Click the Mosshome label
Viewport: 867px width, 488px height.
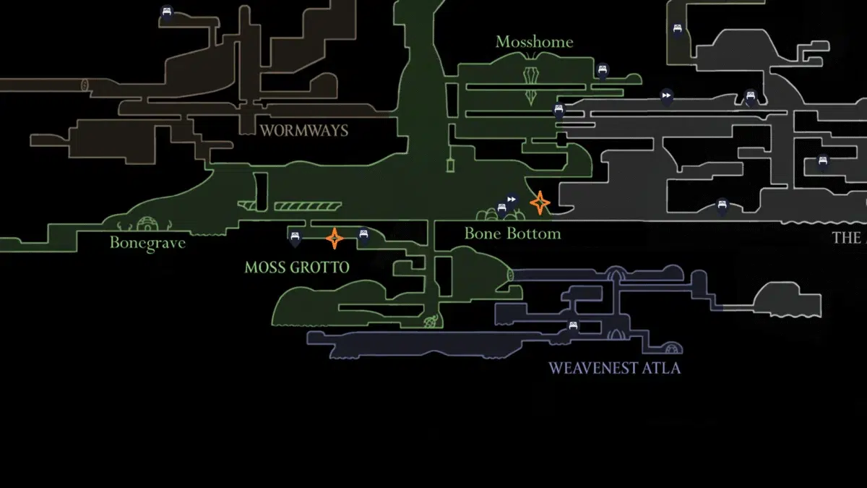point(534,42)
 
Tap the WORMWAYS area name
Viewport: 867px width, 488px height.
point(303,131)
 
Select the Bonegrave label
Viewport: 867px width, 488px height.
point(147,243)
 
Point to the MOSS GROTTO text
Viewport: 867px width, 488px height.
point(296,267)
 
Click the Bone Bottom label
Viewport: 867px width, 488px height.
point(512,234)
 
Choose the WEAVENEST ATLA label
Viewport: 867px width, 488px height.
point(614,368)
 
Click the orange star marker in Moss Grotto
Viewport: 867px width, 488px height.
point(335,237)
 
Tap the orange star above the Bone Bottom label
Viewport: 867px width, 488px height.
point(540,203)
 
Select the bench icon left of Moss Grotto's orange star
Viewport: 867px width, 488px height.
point(294,236)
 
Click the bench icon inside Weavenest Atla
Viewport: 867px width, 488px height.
point(574,326)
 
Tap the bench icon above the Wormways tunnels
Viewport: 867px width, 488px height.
point(167,12)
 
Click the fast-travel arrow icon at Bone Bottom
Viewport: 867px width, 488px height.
point(512,199)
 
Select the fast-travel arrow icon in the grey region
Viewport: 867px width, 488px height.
point(666,95)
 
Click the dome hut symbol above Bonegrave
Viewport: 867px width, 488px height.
point(147,223)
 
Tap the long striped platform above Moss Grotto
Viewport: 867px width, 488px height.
point(308,207)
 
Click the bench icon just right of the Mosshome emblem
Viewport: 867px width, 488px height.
point(602,70)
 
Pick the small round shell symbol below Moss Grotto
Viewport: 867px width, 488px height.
point(432,320)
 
